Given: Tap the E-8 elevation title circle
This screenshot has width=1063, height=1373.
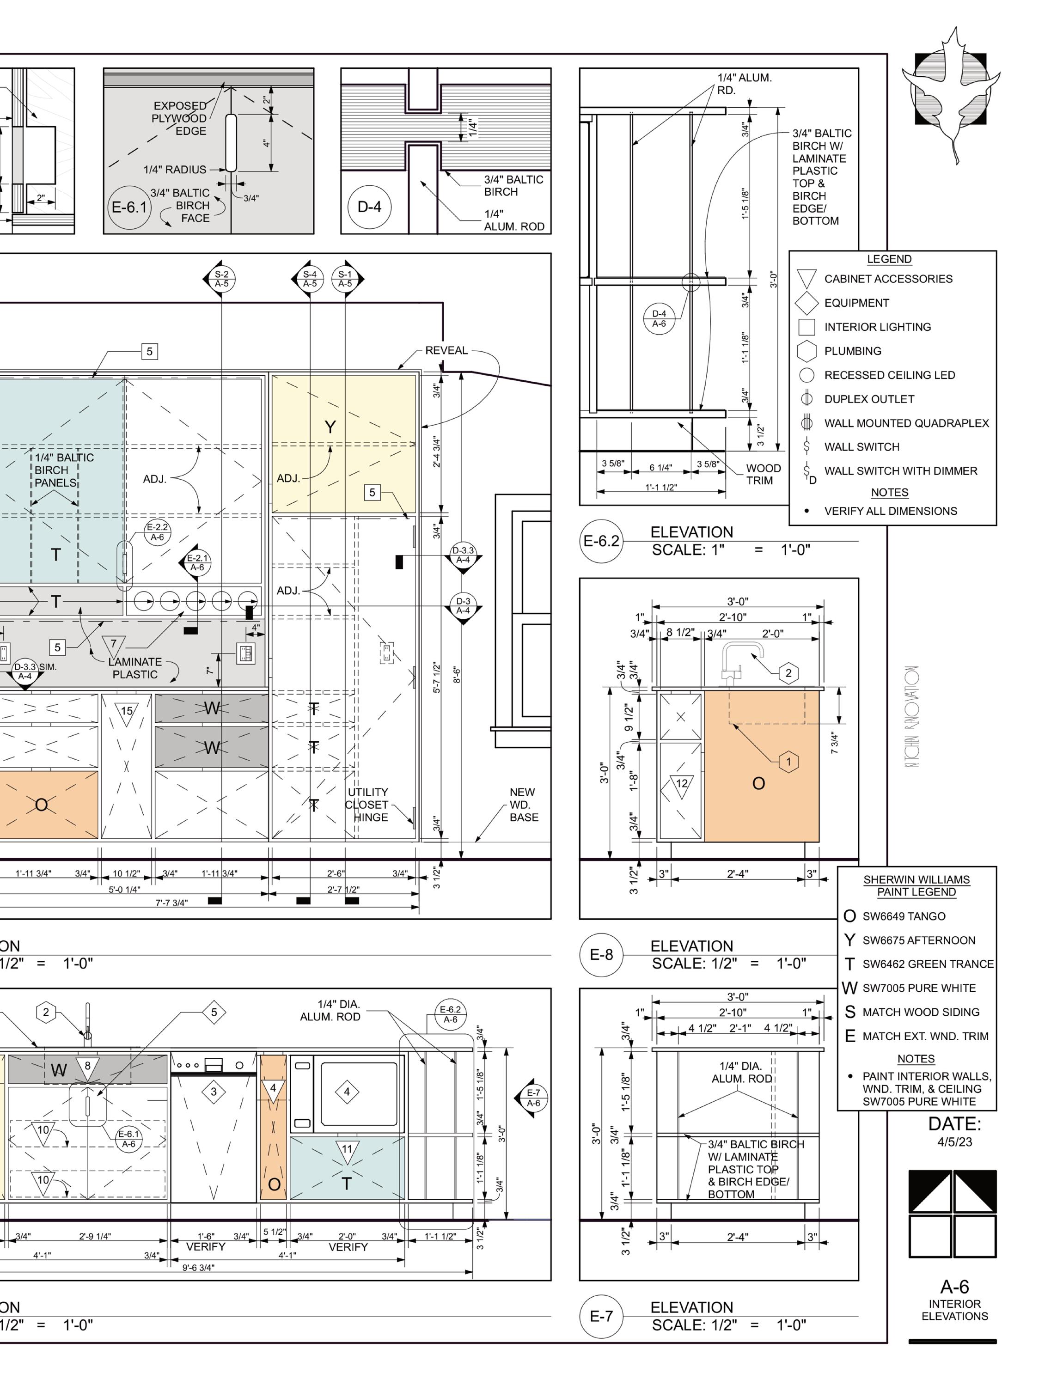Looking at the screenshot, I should (601, 955).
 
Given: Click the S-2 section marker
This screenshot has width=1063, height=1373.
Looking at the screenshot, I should (221, 279).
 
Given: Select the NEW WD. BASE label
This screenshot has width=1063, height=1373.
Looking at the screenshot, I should (523, 805).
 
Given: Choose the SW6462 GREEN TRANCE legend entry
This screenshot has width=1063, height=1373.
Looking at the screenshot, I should (927, 964).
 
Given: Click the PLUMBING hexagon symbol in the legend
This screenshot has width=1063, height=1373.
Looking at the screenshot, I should (806, 351).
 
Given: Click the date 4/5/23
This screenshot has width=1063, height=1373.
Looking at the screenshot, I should (954, 1141).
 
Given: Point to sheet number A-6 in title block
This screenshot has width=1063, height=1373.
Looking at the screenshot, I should (954, 1286).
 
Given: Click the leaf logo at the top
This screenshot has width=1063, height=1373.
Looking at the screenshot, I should (951, 94).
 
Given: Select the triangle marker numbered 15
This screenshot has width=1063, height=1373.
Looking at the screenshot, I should (126, 712).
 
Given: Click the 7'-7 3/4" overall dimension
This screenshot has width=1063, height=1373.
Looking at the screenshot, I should (171, 903).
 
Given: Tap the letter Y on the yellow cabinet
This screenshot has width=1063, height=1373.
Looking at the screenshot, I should (330, 427).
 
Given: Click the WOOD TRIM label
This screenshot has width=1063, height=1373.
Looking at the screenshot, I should (763, 474).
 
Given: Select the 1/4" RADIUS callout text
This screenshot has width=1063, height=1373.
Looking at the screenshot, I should (175, 170).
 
